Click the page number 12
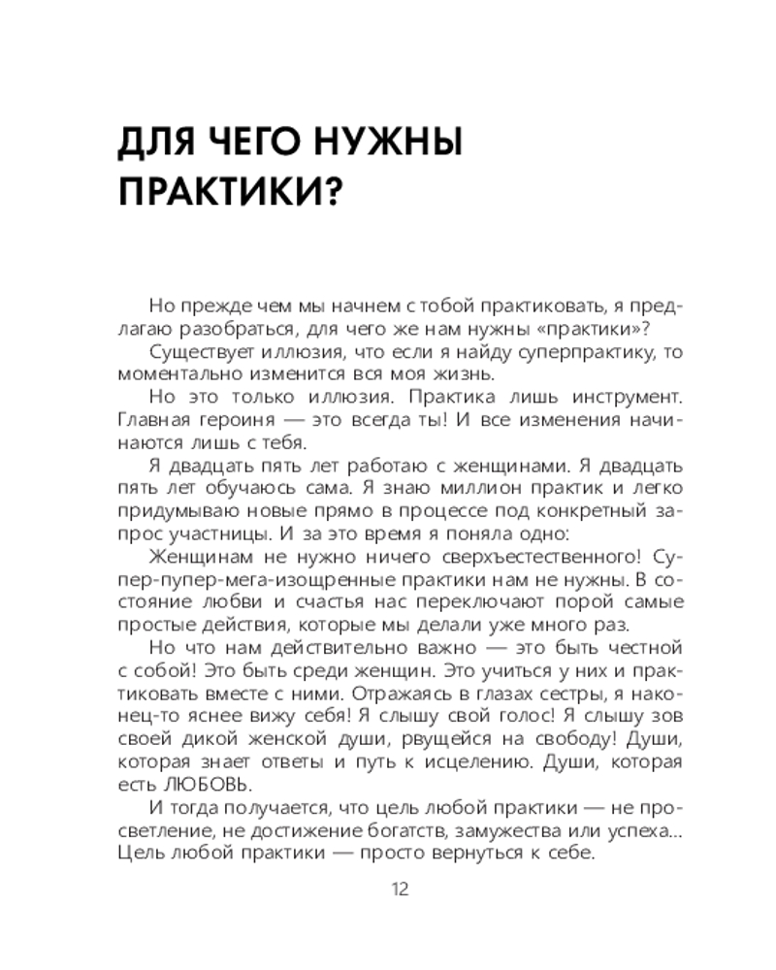pos(399,889)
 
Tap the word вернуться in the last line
pos(439,856)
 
